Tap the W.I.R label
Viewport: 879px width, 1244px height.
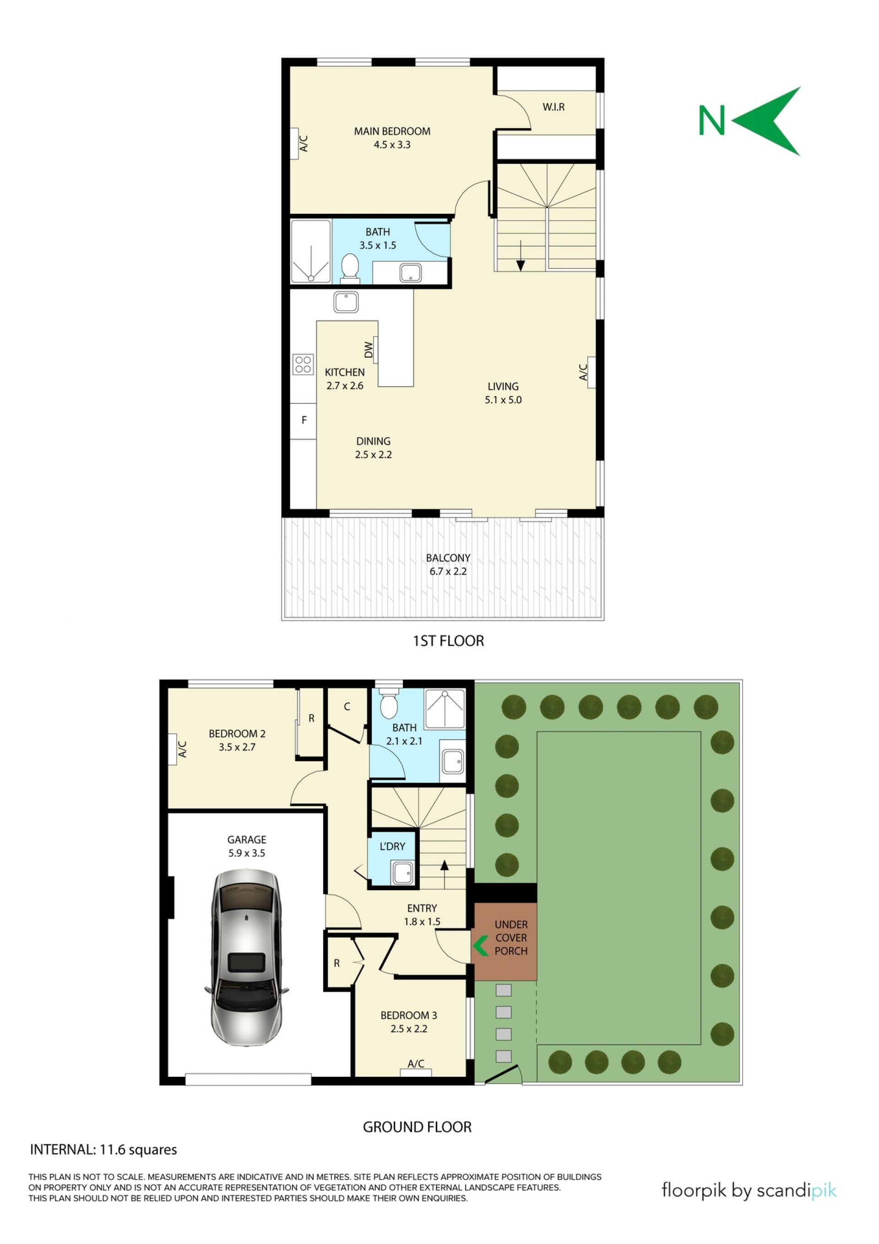tap(553, 107)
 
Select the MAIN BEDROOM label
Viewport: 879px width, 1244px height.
tap(392, 131)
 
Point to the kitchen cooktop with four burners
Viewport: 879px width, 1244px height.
tap(303, 364)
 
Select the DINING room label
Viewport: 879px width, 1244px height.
tap(373, 441)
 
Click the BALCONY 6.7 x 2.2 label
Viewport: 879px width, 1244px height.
tap(448, 564)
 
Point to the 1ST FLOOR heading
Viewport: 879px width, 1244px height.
tap(449, 640)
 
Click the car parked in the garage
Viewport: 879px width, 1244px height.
tap(247, 957)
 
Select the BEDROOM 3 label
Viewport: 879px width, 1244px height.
tap(409, 1015)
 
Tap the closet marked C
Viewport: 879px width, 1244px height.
tap(347, 707)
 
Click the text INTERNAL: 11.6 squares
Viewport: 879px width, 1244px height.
tap(103, 1149)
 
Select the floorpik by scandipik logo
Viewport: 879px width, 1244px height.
tap(749, 1190)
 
